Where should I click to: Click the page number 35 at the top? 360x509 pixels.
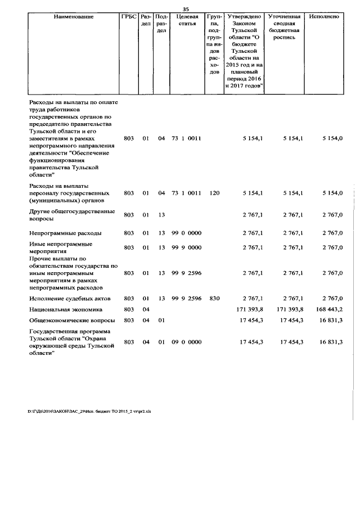(x=186, y=8)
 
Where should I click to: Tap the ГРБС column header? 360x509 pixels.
(x=129, y=17)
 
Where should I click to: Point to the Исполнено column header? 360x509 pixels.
(x=323, y=17)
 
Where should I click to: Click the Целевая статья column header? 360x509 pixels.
(x=186, y=20)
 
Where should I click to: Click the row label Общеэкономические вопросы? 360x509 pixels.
(x=71, y=320)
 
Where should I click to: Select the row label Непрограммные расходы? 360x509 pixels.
(x=65, y=233)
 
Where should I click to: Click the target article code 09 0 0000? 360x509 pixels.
(x=187, y=341)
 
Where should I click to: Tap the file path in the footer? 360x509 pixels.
(x=89, y=411)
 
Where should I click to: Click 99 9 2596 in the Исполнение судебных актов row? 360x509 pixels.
(x=187, y=298)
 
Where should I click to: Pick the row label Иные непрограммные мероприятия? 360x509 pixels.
(x=61, y=247)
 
